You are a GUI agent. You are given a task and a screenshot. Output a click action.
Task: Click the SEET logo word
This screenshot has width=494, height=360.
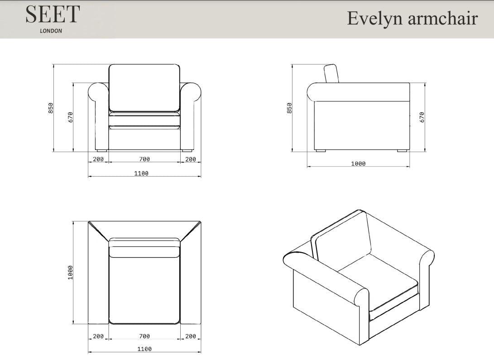point(53,14)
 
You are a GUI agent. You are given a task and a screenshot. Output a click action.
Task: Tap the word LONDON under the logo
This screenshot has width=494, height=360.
point(51,31)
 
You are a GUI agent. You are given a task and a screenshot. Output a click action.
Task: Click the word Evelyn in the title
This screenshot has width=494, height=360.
point(375,18)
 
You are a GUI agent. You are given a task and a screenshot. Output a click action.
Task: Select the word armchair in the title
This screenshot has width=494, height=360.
point(443,18)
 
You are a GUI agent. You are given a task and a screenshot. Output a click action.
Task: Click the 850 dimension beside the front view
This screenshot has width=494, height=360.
point(51,108)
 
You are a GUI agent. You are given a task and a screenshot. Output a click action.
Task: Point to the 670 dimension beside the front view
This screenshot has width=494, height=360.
point(70,117)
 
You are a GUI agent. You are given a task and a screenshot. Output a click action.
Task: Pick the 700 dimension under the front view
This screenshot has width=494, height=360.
point(144,159)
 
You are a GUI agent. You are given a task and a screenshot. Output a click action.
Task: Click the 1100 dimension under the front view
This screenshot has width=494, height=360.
point(141,173)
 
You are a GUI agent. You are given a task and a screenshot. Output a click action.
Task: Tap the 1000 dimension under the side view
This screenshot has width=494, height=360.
point(358,163)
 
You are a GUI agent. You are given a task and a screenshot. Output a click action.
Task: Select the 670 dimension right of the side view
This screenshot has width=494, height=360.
point(422,117)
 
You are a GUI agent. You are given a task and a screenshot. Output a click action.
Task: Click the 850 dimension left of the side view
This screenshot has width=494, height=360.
point(289,108)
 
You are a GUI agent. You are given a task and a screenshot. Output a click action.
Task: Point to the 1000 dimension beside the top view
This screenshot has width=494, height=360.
point(70,273)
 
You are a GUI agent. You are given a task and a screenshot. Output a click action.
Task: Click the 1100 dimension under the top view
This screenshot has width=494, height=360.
point(144,349)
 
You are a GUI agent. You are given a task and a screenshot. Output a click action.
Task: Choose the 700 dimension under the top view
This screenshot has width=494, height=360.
point(144,336)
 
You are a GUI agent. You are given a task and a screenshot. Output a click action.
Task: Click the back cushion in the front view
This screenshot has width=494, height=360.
point(144,88)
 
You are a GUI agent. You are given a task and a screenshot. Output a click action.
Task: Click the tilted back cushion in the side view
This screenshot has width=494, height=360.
point(331,73)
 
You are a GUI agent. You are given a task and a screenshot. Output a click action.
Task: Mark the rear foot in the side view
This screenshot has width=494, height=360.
point(402,151)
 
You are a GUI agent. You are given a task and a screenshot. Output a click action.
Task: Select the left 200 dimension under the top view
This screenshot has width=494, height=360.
point(98,336)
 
